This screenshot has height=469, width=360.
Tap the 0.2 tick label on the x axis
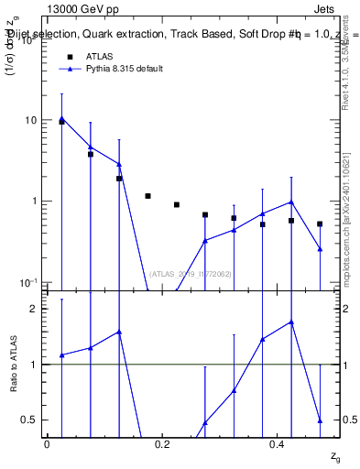(x=163, y=444)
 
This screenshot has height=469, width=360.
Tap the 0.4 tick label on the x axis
(x=278, y=444)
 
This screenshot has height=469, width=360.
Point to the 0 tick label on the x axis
(x=47, y=444)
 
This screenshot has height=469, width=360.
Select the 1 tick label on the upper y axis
(x=35, y=202)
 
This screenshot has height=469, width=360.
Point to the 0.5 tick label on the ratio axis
(x=30, y=420)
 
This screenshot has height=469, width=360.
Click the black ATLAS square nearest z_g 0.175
(x=147, y=196)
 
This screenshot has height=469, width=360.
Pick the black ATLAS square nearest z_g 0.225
(x=177, y=204)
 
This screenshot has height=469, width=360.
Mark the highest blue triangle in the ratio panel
(x=291, y=322)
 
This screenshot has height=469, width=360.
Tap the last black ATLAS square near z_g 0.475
(x=320, y=224)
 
